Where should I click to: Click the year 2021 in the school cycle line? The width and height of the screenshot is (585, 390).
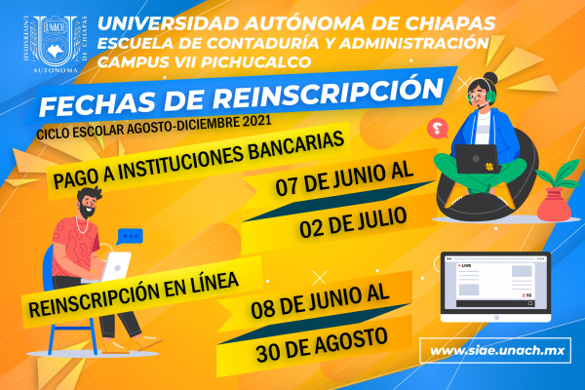click(x=253, y=122)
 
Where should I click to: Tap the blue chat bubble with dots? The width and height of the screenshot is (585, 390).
click(x=131, y=235)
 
